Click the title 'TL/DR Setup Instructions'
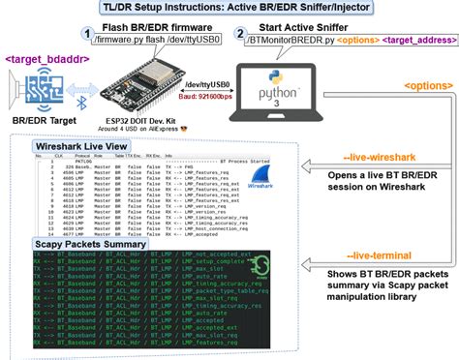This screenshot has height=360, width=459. [x=229, y=9]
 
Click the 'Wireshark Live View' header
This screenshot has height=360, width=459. [x=85, y=147]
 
